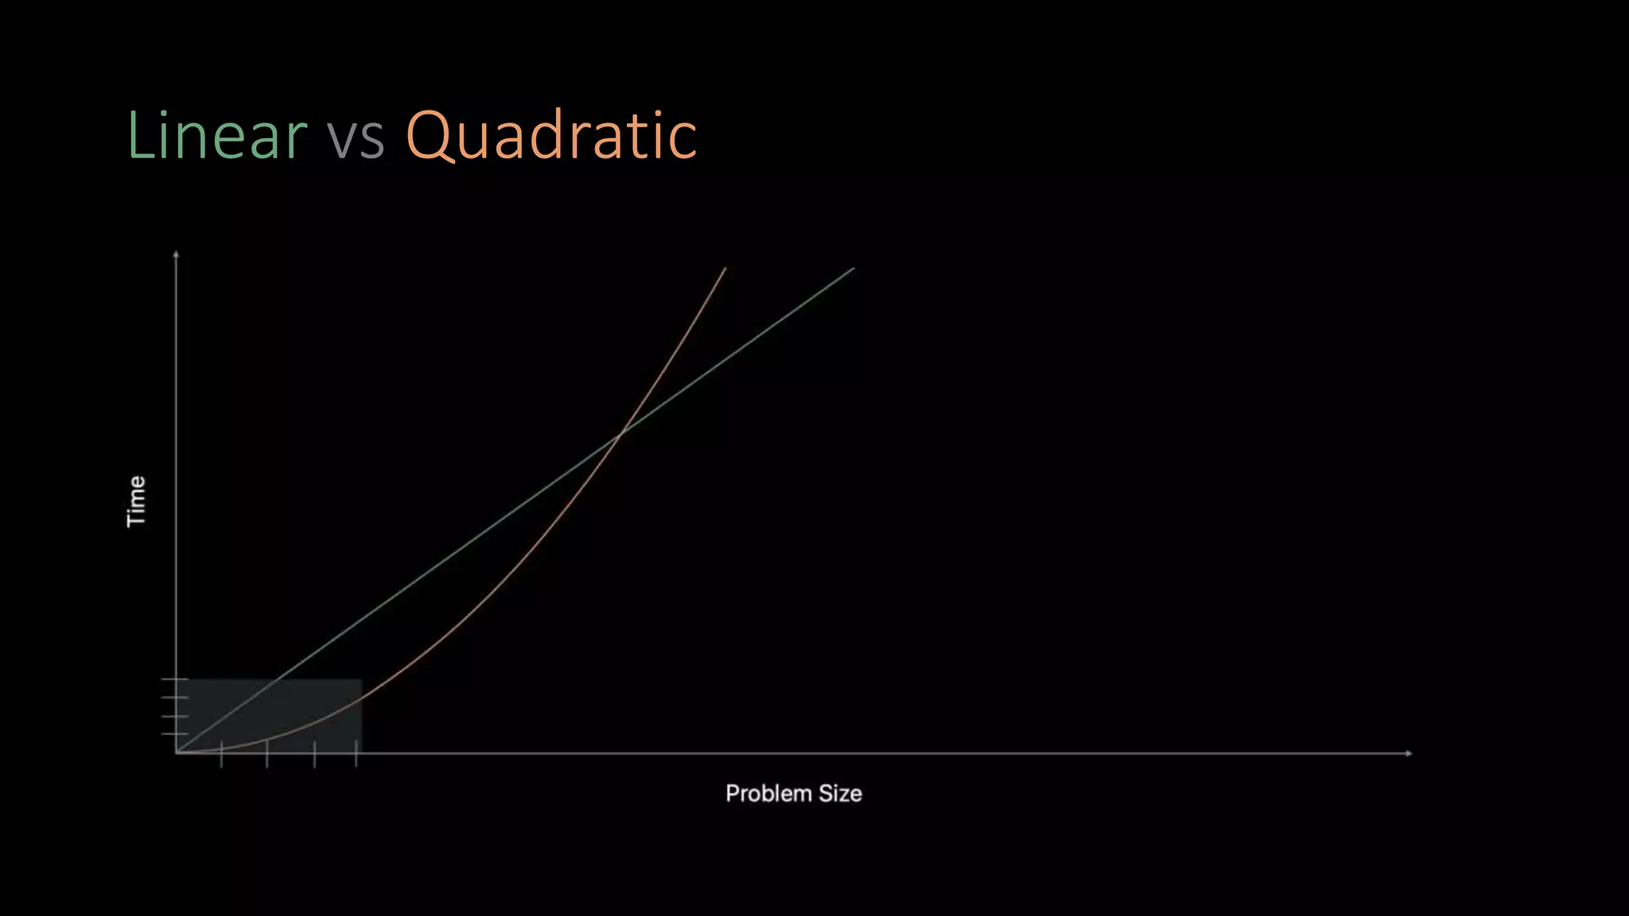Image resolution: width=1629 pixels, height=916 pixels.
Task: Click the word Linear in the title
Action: click(216, 135)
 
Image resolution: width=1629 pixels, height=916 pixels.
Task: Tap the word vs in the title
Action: click(356, 137)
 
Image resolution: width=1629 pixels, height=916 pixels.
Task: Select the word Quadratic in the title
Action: click(551, 135)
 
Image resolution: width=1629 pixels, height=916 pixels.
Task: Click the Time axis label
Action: click(137, 501)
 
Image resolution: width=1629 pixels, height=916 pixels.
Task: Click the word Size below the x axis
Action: click(840, 794)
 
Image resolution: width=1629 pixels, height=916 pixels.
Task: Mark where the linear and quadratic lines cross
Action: click(622, 431)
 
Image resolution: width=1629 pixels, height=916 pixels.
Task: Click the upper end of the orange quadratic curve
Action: click(725, 269)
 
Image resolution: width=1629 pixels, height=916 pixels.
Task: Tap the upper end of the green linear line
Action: click(853, 269)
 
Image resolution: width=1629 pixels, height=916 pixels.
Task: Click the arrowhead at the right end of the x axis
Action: click(1409, 753)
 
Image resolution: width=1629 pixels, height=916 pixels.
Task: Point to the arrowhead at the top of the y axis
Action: click(176, 254)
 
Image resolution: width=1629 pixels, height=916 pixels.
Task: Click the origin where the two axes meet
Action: click(176, 752)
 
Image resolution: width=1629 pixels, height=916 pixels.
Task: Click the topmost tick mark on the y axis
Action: click(175, 680)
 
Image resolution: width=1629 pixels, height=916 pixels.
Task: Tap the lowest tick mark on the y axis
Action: click(175, 734)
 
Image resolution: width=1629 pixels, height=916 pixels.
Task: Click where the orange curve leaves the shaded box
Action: click(362, 699)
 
